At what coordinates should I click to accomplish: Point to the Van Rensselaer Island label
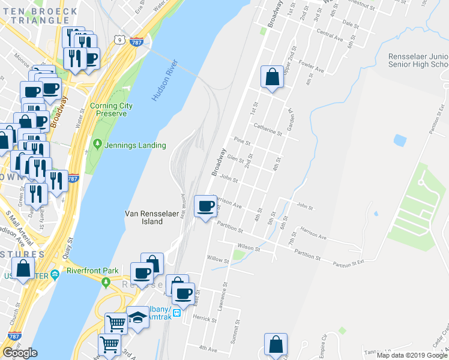pyautogui.click(x=144, y=217)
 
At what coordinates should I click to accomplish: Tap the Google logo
pyautogui.click(x=20, y=353)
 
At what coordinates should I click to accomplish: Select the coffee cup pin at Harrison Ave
pyautogui.click(x=206, y=207)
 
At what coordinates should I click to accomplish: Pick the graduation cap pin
pyautogui.click(x=137, y=317)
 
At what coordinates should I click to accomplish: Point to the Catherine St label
pyautogui.click(x=267, y=129)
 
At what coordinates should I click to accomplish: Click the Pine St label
pyautogui.click(x=242, y=141)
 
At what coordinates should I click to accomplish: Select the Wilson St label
pyautogui.click(x=249, y=247)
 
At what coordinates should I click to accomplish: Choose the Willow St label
pyautogui.click(x=218, y=261)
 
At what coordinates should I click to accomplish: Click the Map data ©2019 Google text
pyautogui.click(x=412, y=355)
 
